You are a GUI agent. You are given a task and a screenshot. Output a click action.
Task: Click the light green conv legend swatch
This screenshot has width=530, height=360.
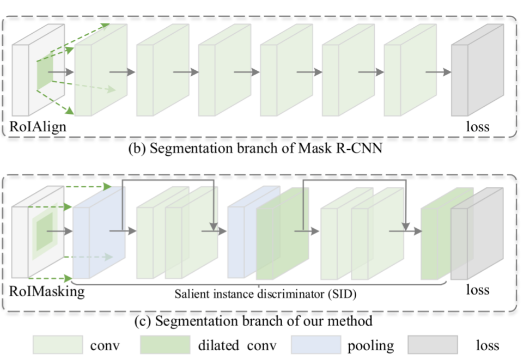[57, 345]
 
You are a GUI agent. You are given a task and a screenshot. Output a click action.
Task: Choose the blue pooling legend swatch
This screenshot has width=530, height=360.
[315, 345]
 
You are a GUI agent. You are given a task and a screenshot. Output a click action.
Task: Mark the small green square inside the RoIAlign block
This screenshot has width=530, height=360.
[45, 75]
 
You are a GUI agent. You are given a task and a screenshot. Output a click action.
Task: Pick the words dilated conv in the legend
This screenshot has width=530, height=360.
[236, 345]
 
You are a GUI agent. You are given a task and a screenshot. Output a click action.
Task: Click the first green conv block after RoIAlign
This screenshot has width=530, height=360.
[101, 74]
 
